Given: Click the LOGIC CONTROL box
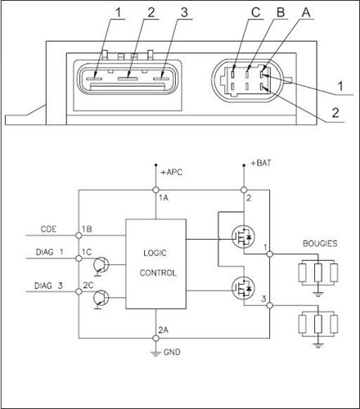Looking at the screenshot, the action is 155,264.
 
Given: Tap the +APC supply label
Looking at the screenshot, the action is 172,173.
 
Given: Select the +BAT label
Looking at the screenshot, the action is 261,163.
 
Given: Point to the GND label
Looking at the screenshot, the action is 172,352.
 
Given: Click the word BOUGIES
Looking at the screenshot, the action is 320,244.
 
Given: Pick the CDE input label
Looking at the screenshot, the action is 48,229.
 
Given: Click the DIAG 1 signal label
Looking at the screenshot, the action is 50,252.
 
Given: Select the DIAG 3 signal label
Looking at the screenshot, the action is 48,285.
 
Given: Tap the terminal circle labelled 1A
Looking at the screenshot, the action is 155,190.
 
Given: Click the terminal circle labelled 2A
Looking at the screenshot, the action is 155,339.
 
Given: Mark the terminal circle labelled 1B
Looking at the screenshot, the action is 79,236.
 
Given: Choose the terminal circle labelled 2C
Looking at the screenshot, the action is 79,292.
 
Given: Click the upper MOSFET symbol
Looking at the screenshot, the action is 243,236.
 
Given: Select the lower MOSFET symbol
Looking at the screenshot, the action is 243,288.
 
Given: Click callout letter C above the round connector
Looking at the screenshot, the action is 255,12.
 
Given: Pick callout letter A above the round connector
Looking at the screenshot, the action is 306,12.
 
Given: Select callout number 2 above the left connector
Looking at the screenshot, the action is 151,12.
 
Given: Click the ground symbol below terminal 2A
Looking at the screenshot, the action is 155,353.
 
